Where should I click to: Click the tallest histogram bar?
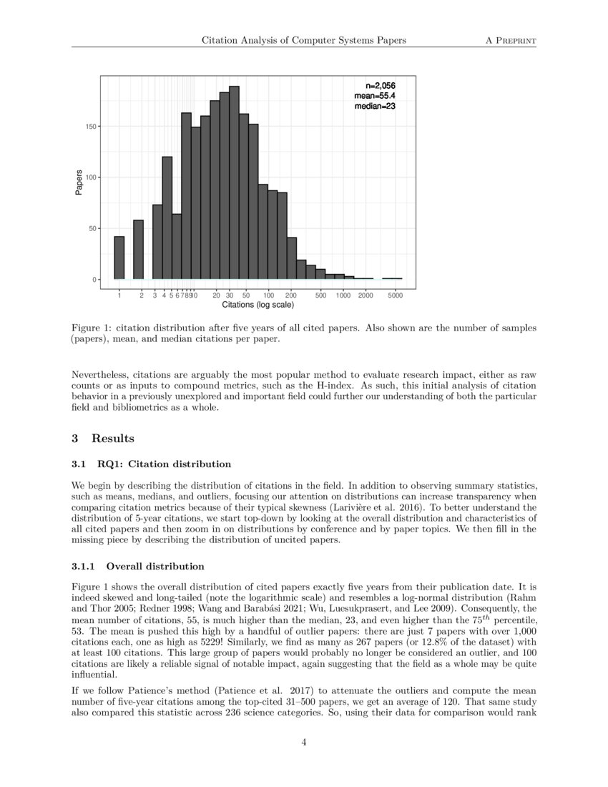(x=234, y=183)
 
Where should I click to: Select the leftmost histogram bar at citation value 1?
(x=119, y=258)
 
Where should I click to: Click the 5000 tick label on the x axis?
(x=395, y=295)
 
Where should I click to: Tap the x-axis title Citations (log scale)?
(x=258, y=305)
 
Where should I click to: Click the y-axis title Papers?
(x=80, y=182)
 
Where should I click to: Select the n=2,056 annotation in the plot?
(x=376, y=85)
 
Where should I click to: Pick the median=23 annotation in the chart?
(x=376, y=106)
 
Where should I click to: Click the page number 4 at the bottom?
(x=304, y=743)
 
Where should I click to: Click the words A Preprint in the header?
(x=511, y=41)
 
